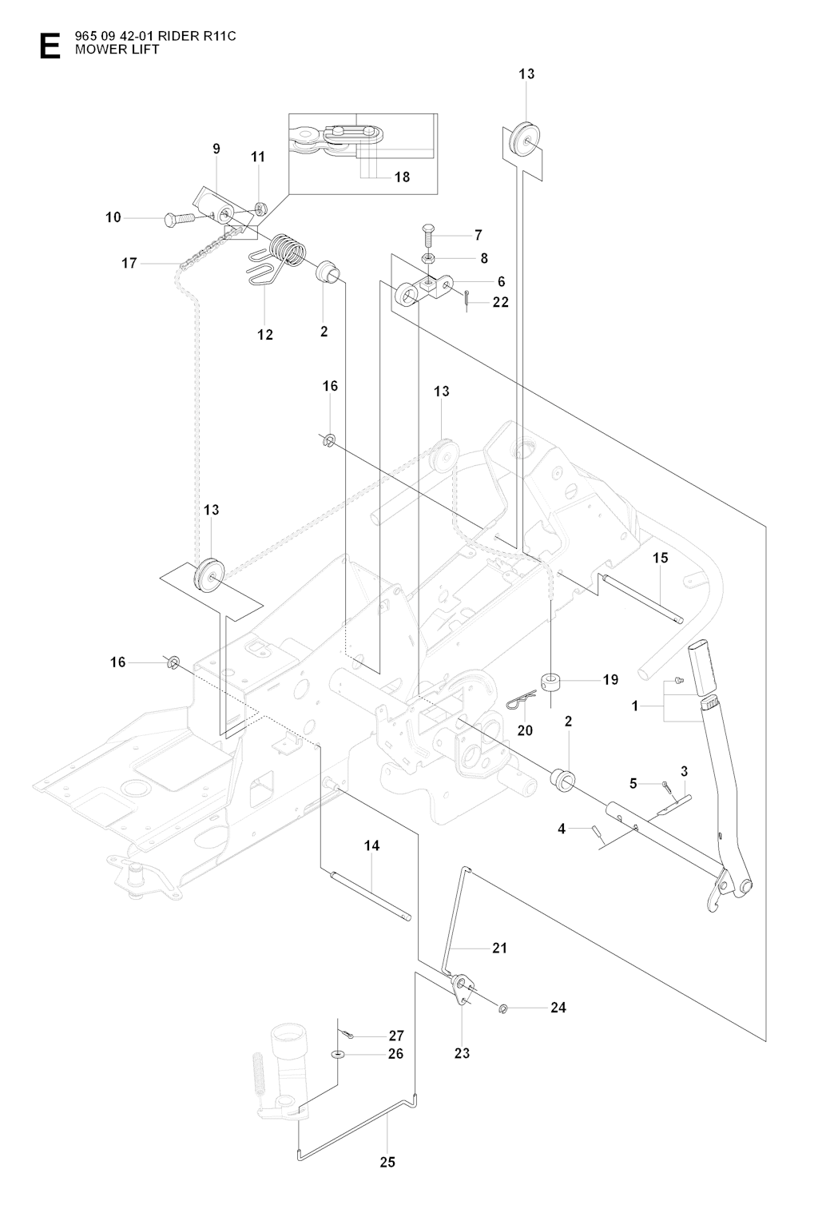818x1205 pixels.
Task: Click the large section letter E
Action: [49, 46]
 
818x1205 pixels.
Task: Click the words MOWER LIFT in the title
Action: [126, 50]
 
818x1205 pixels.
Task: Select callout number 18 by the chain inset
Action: [402, 177]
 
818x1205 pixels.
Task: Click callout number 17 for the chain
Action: [129, 262]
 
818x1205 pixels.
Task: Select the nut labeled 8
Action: [428, 258]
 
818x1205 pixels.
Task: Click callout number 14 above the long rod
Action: [371, 845]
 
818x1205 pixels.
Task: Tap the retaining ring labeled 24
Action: [504, 1007]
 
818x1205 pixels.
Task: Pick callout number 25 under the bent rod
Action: [387, 1163]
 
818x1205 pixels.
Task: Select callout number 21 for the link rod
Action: [499, 948]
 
